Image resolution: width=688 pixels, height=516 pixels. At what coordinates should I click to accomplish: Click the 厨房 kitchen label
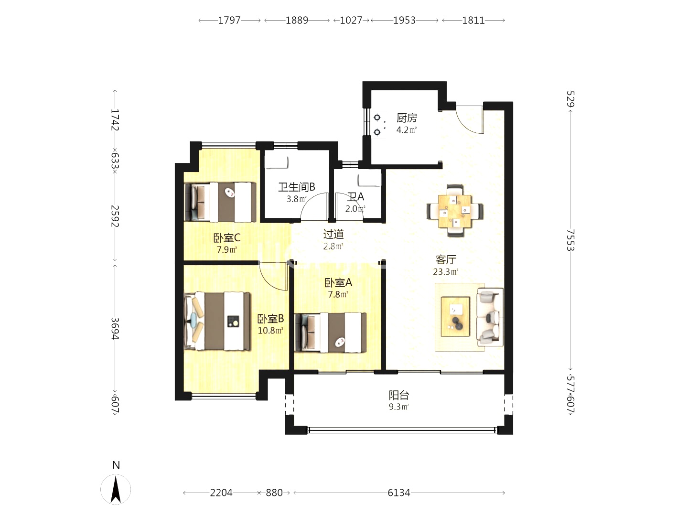point(407,118)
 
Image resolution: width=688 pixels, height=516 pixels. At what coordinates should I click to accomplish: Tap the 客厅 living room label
point(446,259)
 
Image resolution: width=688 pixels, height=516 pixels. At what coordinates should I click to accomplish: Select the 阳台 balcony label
point(398,395)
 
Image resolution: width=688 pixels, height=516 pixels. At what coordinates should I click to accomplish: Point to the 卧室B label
point(270,319)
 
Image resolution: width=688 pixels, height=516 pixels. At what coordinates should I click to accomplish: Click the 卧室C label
point(226,238)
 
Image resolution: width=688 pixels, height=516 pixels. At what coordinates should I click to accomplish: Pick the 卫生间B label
point(297,187)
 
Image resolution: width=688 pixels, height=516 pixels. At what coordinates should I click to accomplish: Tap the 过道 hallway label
point(333,234)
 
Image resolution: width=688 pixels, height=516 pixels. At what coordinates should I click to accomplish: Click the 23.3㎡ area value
point(445,272)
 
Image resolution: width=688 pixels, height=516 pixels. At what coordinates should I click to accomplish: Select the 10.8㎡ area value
point(270,330)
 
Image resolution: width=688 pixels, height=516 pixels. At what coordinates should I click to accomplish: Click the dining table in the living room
point(455,211)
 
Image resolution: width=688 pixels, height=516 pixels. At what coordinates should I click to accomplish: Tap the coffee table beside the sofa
point(455,316)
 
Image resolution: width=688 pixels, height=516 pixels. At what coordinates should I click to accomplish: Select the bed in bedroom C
point(220,202)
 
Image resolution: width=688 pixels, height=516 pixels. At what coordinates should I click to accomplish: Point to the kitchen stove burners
point(377,125)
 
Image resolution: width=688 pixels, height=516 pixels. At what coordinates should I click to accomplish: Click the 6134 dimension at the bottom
point(398,493)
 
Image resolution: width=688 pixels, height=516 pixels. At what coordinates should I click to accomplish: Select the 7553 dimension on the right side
point(570,240)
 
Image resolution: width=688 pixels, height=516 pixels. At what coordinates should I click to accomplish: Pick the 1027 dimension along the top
point(351,21)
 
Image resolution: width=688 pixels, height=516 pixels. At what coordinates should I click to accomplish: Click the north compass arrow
point(116,489)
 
